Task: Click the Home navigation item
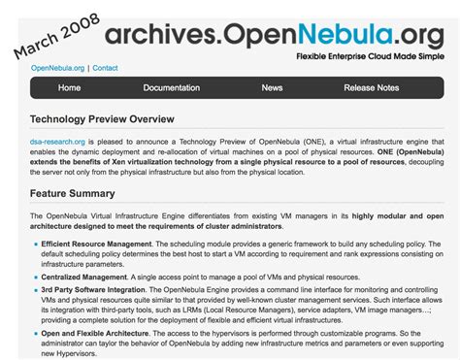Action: pos(69,88)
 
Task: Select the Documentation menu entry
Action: pos(171,88)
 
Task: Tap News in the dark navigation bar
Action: pos(272,88)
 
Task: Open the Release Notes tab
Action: pos(371,88)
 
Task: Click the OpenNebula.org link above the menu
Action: pos(58,68)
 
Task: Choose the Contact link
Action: pos(105,68)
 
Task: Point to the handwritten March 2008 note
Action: pos(55,34)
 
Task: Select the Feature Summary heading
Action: pos(75,193)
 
